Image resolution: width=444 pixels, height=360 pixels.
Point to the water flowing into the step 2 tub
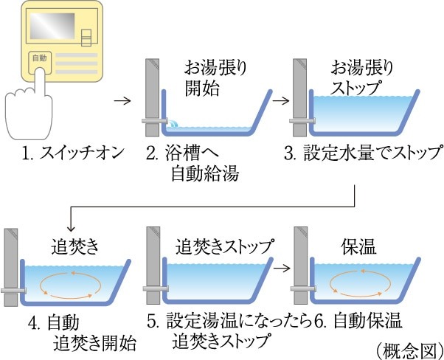tap(174, 126)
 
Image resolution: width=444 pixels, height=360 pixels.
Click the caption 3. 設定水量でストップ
tap(364, 155)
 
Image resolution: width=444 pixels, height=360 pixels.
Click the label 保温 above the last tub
tap(358, 245)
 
